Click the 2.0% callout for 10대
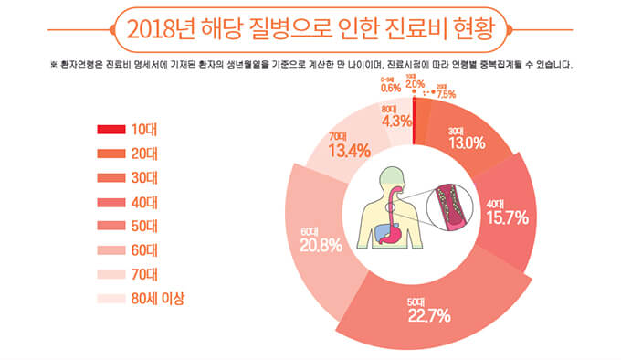coord(415,85)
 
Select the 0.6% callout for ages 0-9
coord(391,89)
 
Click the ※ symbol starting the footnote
coord(54,66)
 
